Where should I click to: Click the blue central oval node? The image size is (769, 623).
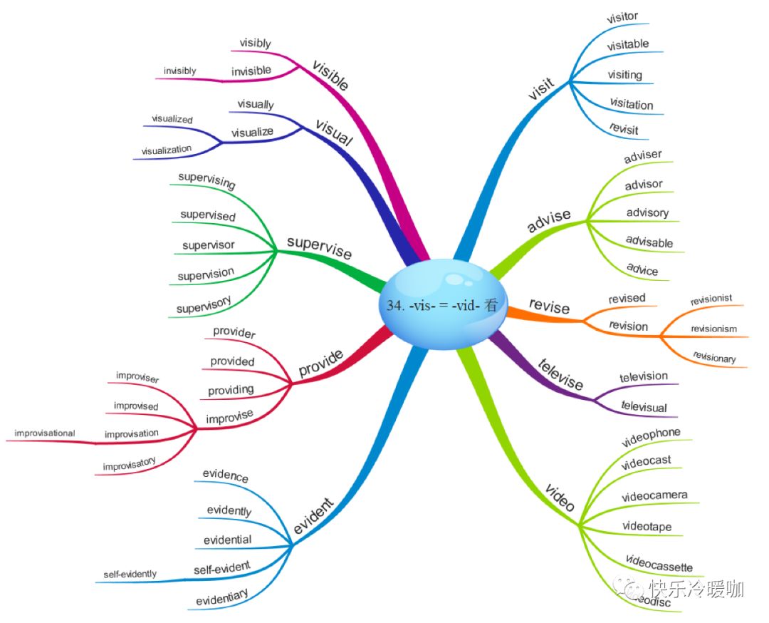[439, 304]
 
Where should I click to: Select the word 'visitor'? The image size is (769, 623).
[622, 16]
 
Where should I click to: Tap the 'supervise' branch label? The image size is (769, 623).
[319, 247]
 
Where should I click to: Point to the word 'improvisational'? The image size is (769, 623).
[45, 433]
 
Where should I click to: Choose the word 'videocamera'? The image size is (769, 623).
[654, 496]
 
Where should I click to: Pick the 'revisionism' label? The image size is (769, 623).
[713, 329]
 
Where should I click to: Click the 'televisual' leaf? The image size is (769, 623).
[644, 407]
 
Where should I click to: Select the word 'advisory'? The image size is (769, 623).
[647, 212]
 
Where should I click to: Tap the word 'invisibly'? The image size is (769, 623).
[179, 71]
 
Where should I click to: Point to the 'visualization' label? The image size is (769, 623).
[167, 150]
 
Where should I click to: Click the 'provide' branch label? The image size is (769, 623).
[320, 364]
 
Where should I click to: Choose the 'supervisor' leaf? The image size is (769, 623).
[208, 245]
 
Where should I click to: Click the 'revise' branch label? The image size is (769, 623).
[549, 307]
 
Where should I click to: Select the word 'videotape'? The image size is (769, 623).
[647, 527]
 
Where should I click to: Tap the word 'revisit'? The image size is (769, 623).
[624, 130]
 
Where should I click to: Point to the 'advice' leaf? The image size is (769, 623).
[642, 269]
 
